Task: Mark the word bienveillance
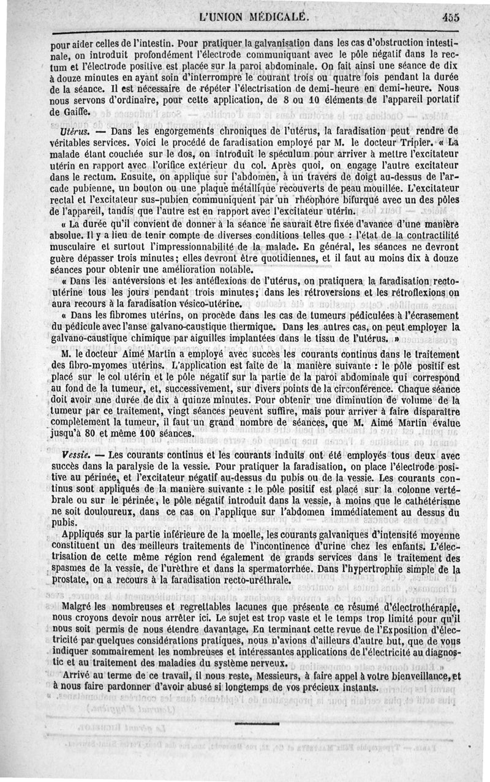coord(417,675)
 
